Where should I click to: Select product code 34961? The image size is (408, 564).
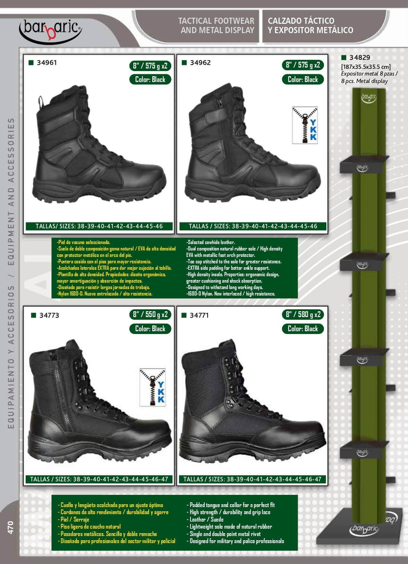pos(47,63)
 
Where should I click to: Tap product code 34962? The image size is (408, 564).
pos(200,63)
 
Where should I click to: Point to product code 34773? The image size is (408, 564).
pos(49,315)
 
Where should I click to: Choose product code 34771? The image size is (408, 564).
pos(199,315)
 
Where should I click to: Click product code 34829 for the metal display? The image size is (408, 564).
pos(360,58)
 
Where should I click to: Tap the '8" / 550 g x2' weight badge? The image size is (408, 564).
pos(150,314)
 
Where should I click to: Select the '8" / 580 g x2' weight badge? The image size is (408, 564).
pos(303,314)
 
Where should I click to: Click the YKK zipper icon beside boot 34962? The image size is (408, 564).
pos(305,125)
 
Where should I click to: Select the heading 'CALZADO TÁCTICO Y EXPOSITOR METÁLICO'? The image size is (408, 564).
pos(310,25)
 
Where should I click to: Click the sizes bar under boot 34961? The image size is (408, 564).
pos(100,226)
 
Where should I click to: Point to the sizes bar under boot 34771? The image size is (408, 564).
pos(252,479)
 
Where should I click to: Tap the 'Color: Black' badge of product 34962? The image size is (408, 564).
pos(303,79)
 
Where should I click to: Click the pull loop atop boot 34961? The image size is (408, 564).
pos(41,102)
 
